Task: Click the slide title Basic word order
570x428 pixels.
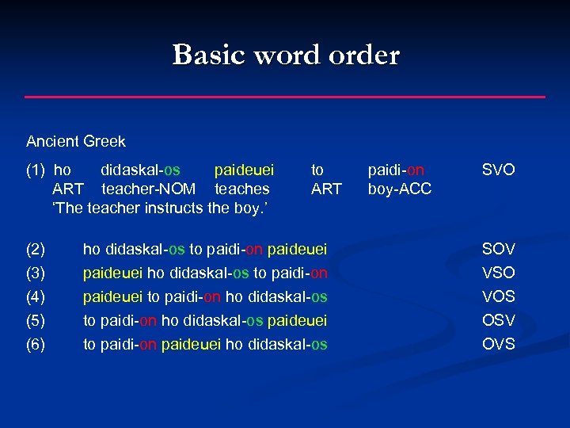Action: click(x=286, y=55)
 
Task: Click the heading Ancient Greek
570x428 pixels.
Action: click(x=76, y=142)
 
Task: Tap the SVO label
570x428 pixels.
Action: click(x=499, y=170)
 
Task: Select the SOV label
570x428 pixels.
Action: click(x=499, y=250)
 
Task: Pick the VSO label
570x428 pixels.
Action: click(x=499, y=273)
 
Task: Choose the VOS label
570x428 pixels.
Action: click(x=499, y=297)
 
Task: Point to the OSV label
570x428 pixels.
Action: click(x=499, y=320)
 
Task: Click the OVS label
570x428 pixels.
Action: click(x=499, y=344)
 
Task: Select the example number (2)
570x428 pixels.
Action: click(x=36, y=250)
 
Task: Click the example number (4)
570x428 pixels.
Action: click(x=36, y=297)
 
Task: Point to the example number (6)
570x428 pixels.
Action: click(x=36, y=344)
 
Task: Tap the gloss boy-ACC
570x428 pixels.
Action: click(x=400, y=189)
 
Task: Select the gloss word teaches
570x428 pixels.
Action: click(x=242, y=189)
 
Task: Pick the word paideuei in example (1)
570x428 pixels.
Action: click(x=245, y=170)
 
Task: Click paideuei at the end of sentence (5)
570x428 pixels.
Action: click(x=298, y=320)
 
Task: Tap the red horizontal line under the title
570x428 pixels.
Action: click(x=285, y=97)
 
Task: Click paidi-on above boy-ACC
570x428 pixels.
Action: click(x=397, y=170)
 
